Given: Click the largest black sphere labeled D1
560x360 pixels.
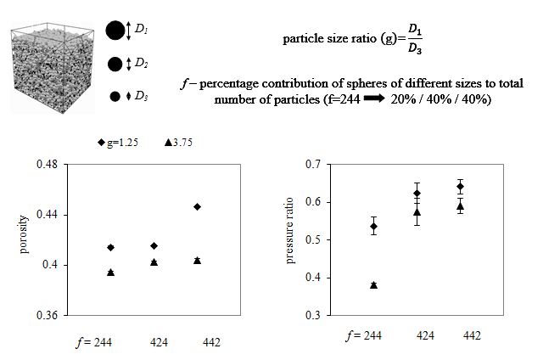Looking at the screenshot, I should (x=115, y=31).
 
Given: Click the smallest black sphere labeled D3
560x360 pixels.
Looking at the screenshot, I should (x=115, y=97).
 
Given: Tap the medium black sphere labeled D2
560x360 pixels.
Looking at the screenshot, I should (x=115, y=65).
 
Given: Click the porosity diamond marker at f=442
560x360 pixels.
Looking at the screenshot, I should (x=197, y=206).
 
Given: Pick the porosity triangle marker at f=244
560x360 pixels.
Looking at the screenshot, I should (x=110, y=272).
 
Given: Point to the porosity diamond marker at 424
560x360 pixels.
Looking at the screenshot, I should (x=154, y=246).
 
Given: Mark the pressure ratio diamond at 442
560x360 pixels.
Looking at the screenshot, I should (x=460, y=187).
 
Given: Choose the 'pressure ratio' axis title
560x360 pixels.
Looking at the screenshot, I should (x=290, y=239).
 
